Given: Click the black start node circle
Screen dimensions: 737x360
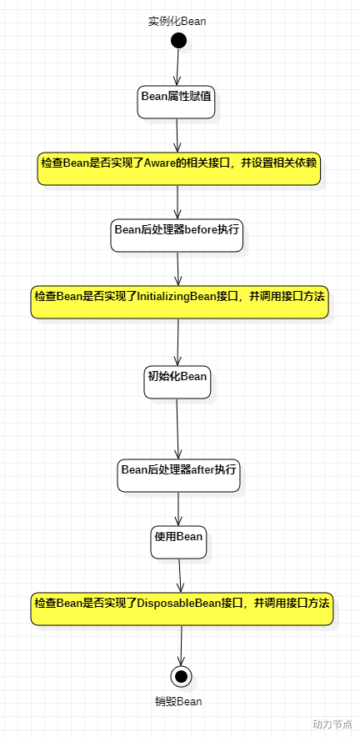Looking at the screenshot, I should tap(177, 40).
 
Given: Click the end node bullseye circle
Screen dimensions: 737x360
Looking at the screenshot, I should tap(182, 675).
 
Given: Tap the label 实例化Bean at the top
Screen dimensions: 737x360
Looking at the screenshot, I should tap(177, 21).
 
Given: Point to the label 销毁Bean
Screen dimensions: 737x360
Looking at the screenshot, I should tap(178, 701).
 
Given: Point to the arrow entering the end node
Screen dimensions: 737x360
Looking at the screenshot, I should tap(182, 644).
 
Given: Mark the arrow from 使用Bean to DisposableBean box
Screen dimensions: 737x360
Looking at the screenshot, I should tap(180, 575).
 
